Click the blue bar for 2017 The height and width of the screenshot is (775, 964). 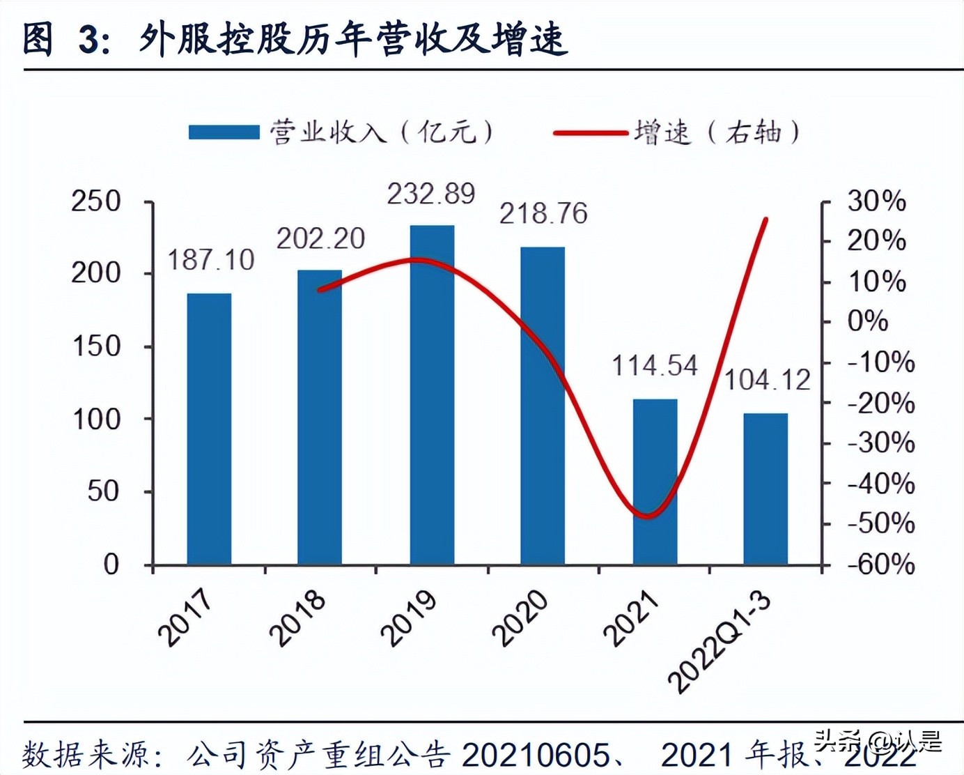click(209, 429)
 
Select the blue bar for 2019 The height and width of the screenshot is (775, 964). click(432, 394)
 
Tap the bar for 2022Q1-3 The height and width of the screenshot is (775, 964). click(765, 489)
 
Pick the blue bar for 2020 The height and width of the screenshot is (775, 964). click(543, 406)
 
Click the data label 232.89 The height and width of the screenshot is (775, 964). click(431, 194)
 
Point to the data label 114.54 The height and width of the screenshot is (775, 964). click(654, 366)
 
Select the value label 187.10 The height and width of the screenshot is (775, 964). click(210, 260)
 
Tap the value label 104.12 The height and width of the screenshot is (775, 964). click(768, 381)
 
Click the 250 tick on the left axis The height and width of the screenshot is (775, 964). click(96, 201)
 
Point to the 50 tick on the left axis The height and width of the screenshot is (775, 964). click(104, 491)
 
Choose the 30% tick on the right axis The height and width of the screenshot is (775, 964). click(876, 201)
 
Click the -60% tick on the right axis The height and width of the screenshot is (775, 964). click(880, 564)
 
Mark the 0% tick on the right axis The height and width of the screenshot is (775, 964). click(867, 321)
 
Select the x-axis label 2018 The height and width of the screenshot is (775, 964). click(298, 617)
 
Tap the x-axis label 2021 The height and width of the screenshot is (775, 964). click(631, 617)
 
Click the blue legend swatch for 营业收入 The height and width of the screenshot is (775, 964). click(224, 132)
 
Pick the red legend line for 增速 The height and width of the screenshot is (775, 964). click(590, 132)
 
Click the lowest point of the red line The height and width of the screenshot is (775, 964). click(648, 516)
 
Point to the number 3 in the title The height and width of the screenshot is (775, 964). click(89, 39)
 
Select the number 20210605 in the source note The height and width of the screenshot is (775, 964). click(535, 755)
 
